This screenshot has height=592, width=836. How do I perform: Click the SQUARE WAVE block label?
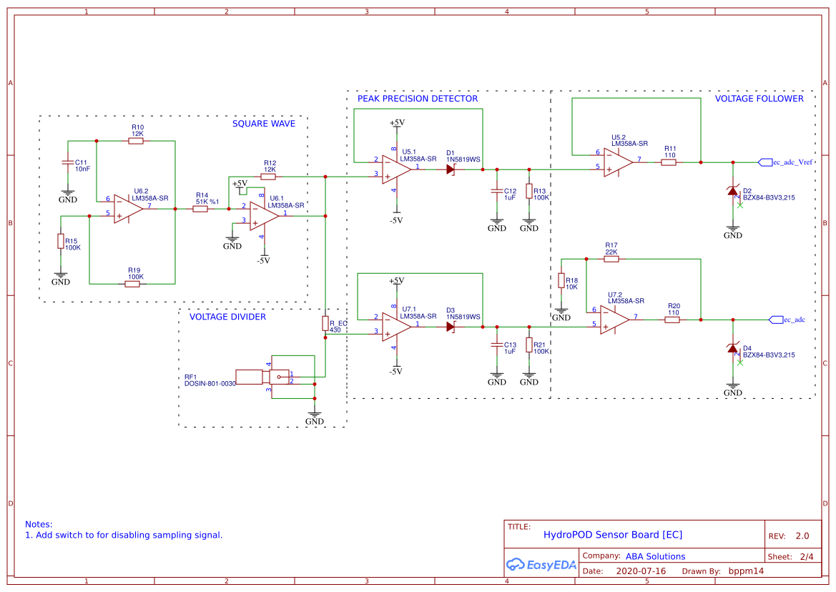pyautogui.click(x=263, y=124)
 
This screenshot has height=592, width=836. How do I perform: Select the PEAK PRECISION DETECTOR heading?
pyautogui.click(x=418, y=99)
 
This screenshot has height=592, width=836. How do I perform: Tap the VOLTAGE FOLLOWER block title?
pyautogui.click(x=759, y=99)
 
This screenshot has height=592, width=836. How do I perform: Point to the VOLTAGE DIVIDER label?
pyautogui.click(x=227, y=317)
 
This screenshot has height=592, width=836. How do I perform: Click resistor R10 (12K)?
pyautogui.click(x=136, y=141)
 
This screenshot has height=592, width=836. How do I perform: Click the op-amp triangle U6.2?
pyautogui.click(x=128, y=209)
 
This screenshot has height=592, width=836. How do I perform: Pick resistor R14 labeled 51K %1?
pyautogui.click(x=200, y=209)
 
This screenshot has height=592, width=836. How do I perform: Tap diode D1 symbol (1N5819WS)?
pyautogui.click(x=451, y=169)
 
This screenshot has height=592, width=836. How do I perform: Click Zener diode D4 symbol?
pyautogui.click(x=732, y=348)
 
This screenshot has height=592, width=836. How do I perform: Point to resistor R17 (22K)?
pyautogui.click(x=611, y=259)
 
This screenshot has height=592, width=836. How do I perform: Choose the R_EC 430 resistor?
pyautogui.click(x=325, y=323)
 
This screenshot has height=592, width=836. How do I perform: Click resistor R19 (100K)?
pyautogui.click(x=132, y=284)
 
